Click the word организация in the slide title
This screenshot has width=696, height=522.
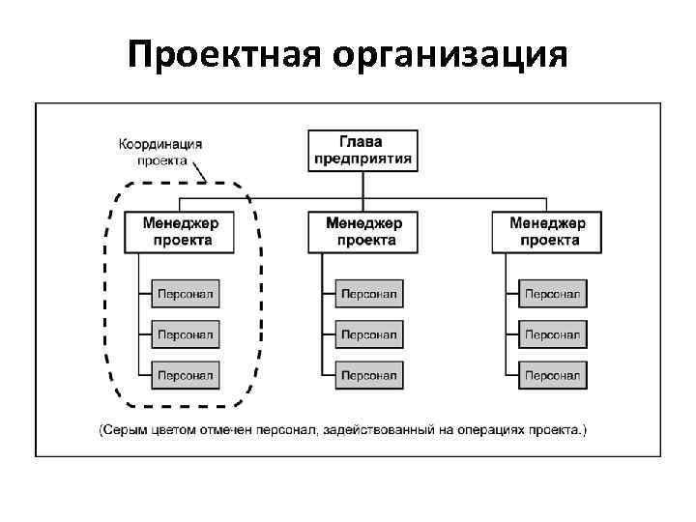449,55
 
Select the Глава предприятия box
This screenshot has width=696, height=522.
363,150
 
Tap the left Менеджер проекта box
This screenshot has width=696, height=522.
180,231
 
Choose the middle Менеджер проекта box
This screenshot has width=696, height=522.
364,231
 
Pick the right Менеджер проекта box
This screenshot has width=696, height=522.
546,231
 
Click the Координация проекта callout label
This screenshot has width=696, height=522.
160,152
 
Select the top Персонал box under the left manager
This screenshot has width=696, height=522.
186,293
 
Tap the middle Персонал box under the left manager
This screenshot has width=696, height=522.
186,333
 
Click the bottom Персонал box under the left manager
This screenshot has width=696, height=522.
186,374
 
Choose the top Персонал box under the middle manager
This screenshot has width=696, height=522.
369,293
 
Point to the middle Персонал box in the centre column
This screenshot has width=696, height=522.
369,333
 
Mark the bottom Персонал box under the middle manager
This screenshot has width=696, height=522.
369,374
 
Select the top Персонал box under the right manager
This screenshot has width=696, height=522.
552,293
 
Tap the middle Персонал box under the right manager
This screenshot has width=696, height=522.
552,333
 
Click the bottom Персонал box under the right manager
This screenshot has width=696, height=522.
552,374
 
